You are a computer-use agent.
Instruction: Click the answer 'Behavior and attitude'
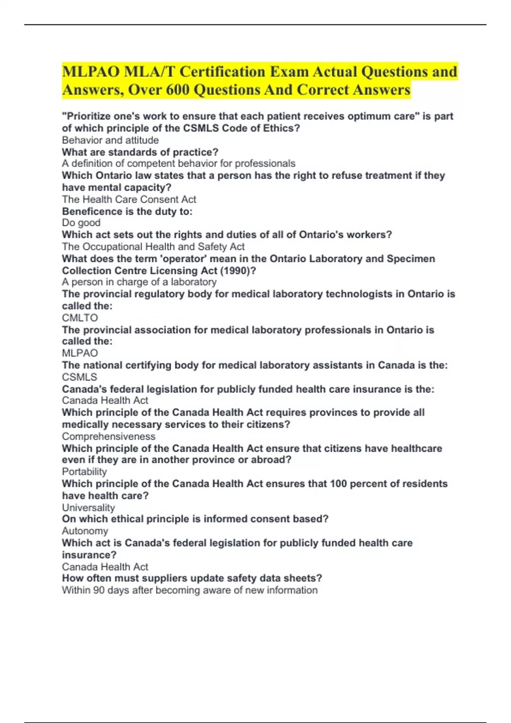(110, 140)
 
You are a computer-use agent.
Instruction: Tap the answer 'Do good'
(81, 222)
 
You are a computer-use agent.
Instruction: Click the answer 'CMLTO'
(80, 318)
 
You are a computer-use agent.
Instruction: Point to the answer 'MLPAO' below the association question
(80, 353)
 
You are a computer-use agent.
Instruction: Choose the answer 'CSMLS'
(80, 377)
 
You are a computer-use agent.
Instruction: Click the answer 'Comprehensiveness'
(109, 436)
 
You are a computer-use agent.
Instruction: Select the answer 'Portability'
(84, 471)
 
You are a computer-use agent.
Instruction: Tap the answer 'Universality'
(89, 507)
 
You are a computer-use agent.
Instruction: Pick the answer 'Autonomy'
(85, 531)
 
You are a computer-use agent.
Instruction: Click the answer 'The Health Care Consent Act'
(129, 199)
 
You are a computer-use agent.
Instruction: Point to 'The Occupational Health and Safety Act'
(153, 246)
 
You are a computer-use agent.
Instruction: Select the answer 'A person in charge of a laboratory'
(139, 282)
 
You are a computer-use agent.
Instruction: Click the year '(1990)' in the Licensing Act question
(235, 270)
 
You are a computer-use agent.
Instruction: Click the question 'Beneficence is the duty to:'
(127, 211)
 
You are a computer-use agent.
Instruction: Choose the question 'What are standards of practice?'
(140, 152)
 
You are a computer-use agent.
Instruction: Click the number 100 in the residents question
(339, 484)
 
